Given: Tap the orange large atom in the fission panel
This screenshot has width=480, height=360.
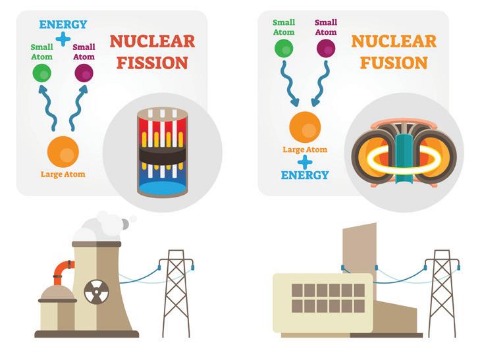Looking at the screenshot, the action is click(x=63, y=152).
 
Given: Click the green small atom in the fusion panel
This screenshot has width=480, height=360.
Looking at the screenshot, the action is click(x=284, y=48).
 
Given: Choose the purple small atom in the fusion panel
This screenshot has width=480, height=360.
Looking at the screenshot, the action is click(x=326, y=48).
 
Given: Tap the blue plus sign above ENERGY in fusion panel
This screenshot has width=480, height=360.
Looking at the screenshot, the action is click(x=305, y=161).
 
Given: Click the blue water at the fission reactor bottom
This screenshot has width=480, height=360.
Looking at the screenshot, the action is click(x=162, y=187).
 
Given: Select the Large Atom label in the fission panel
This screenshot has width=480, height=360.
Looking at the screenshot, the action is click(x=63, y=174).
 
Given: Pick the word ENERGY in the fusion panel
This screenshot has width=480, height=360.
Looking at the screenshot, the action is click(x=305, y=175).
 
